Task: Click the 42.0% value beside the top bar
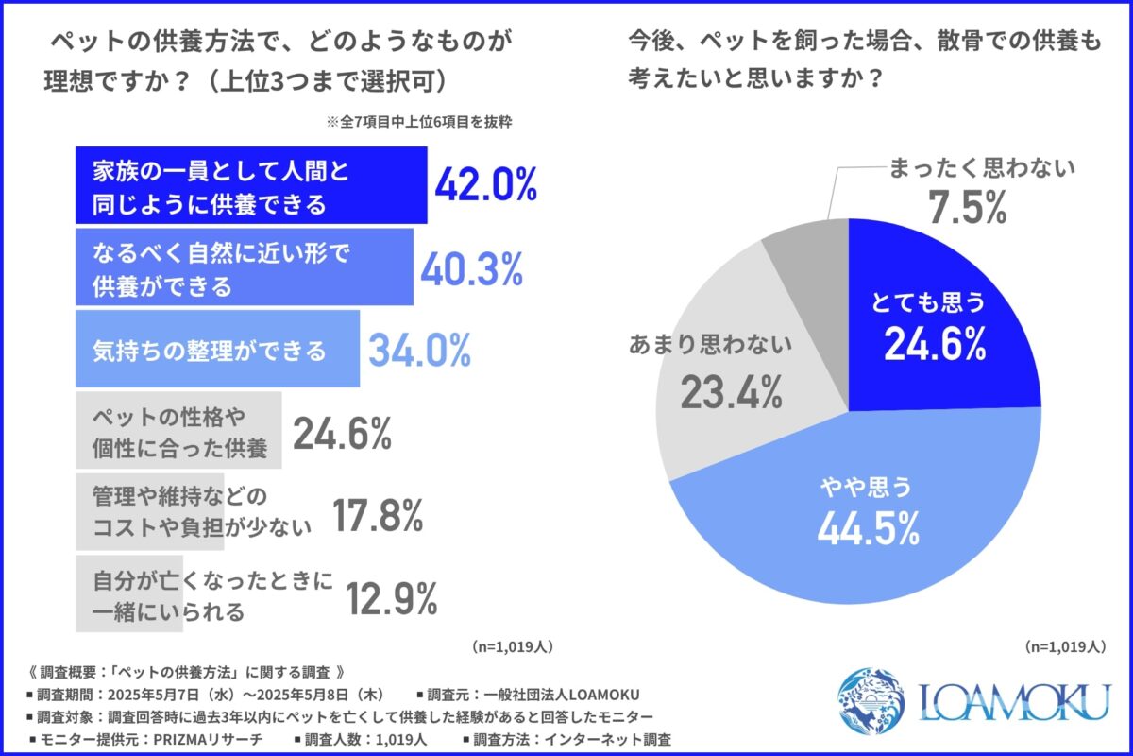(x=485, y=186)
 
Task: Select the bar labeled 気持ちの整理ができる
(x=217, y=351)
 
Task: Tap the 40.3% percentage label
(x=471, y=269)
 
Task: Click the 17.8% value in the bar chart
(x=377, y=516)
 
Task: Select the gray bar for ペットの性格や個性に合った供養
(x=178, y=431)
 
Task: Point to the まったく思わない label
(x=981, y=170)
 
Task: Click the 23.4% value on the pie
(x=731, y=389)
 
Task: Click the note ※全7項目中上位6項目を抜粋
(x=418, y=122)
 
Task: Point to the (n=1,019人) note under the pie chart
(x=1062, y=647)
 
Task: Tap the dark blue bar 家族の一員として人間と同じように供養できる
(x=250, y=186)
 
